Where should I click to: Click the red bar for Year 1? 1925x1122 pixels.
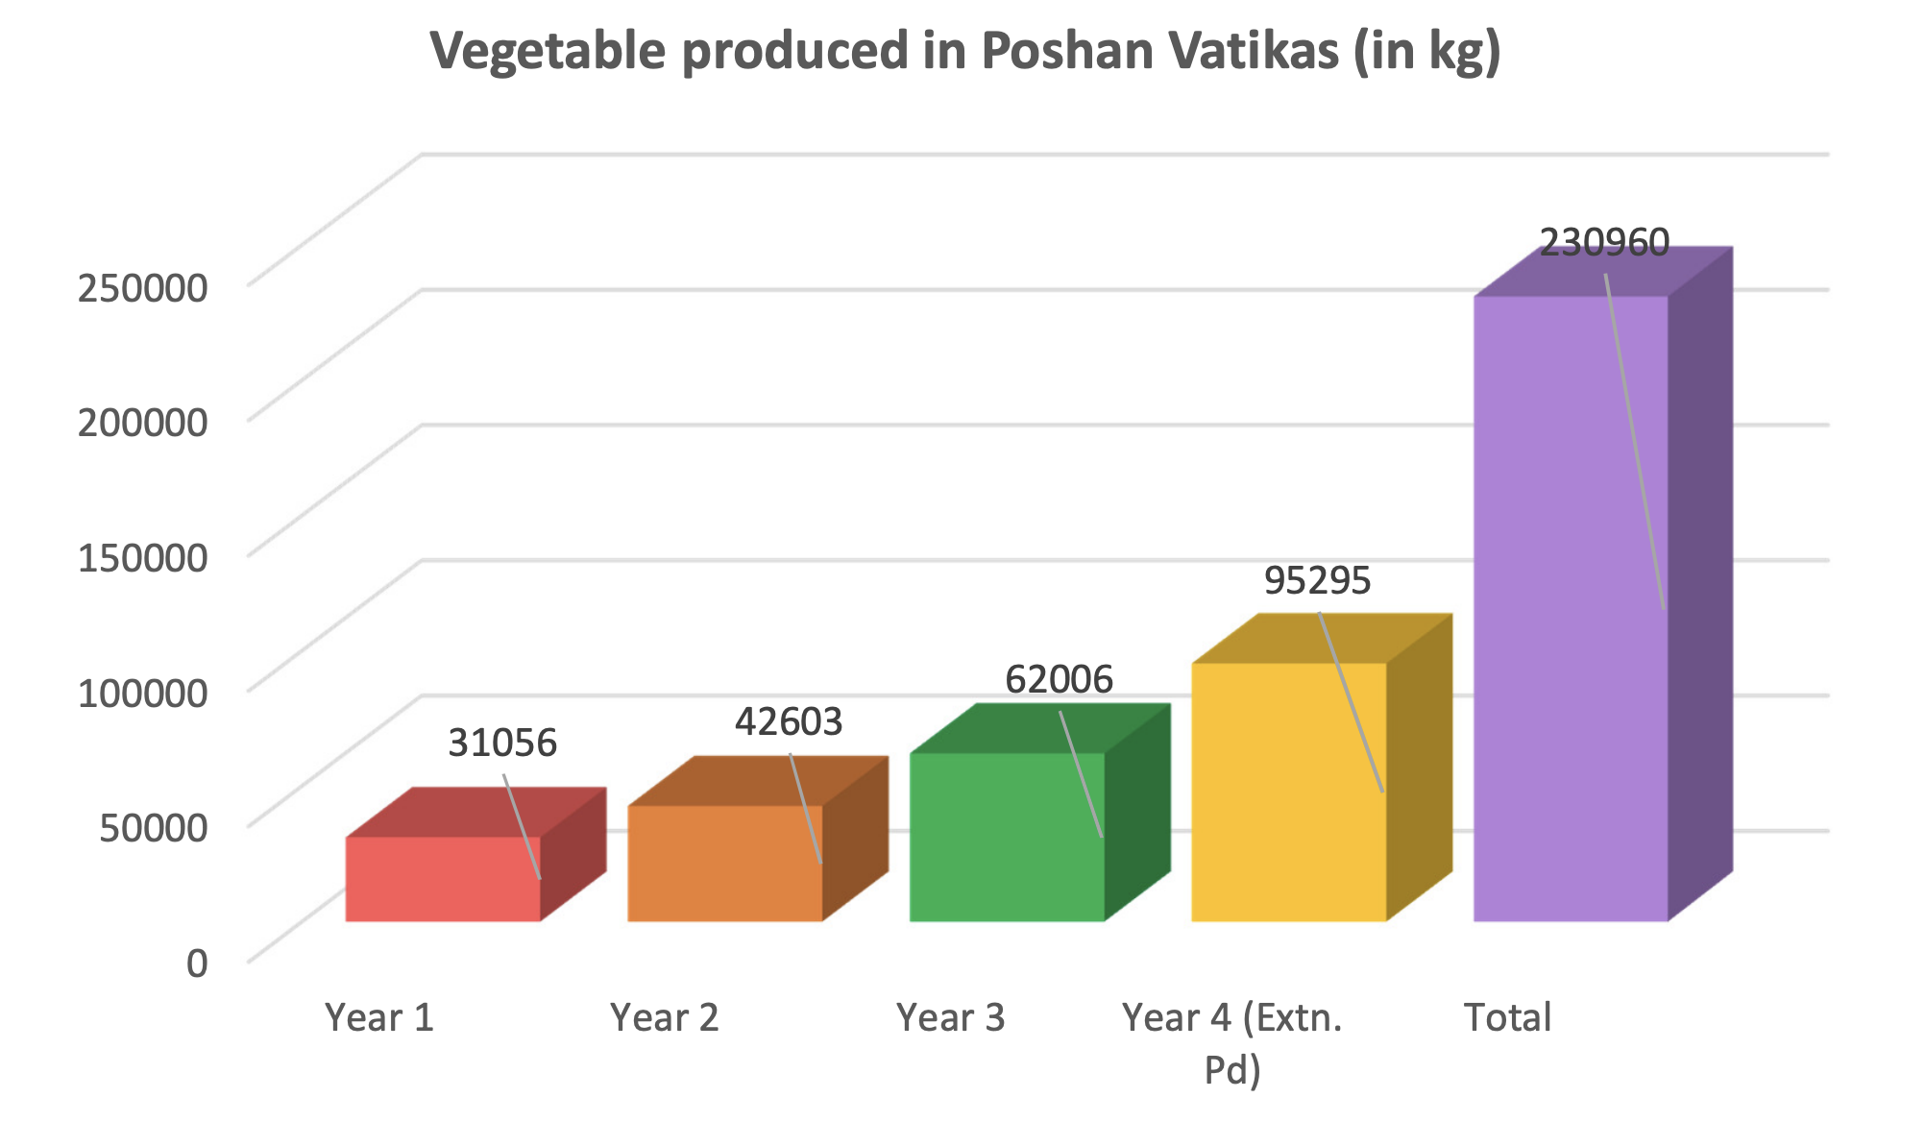(x=442, y=879)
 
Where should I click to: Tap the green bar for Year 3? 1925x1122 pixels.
(x=1006, y=837)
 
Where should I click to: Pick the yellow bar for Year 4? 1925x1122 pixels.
(x=1288, y=792)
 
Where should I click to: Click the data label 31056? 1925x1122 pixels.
(x=502, y=744)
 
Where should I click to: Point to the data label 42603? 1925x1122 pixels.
(x=789, y=722)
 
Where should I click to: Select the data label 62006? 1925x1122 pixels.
(x=1059, y=680)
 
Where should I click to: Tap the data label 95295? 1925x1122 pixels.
(x=1317, y=581)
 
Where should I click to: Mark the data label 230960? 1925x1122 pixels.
(x=1604, y=243)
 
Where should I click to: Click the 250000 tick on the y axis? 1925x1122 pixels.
(x=142, y=287)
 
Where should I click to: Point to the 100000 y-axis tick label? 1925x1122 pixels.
(x=142, y=692)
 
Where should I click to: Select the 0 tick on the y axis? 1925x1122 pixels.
(x=197, y=962)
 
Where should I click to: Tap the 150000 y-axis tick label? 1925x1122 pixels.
(x=142, y=557)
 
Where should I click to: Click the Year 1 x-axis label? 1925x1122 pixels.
(x=379, y=1017)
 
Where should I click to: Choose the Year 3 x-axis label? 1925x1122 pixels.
(x=950, y=1017)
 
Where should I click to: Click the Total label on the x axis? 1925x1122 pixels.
(x=1507, y=1017)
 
